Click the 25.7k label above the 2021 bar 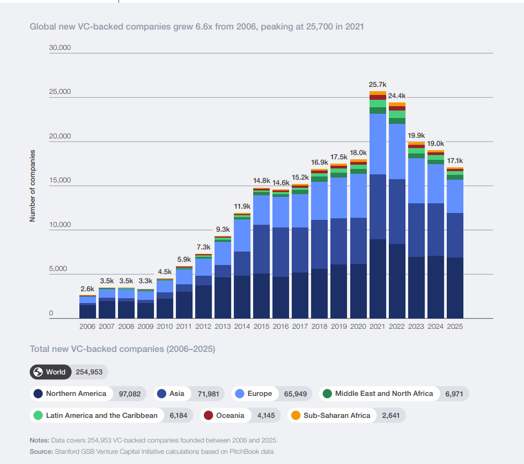click(377, 85)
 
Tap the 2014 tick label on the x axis click(242, 326)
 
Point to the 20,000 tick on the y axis click(60, 136)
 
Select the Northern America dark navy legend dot click(38, 394)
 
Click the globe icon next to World click(38, 372)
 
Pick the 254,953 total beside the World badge click(89, 372)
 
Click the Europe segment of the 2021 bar click(378, 144)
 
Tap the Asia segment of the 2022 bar click(397, 211)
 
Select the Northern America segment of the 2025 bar click(455, 288)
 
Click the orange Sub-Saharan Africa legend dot click(296, 416)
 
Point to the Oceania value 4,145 click(266, 416)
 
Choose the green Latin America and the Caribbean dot click(38, 416)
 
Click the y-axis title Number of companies click(32, 186)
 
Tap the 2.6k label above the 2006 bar click(87, 289)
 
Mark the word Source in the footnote click(41, 452)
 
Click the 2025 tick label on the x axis click(455, 326)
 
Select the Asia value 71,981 click(208, 394)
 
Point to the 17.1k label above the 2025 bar click(455, 161)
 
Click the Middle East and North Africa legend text click(384, 394)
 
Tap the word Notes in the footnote click(40, 440)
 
